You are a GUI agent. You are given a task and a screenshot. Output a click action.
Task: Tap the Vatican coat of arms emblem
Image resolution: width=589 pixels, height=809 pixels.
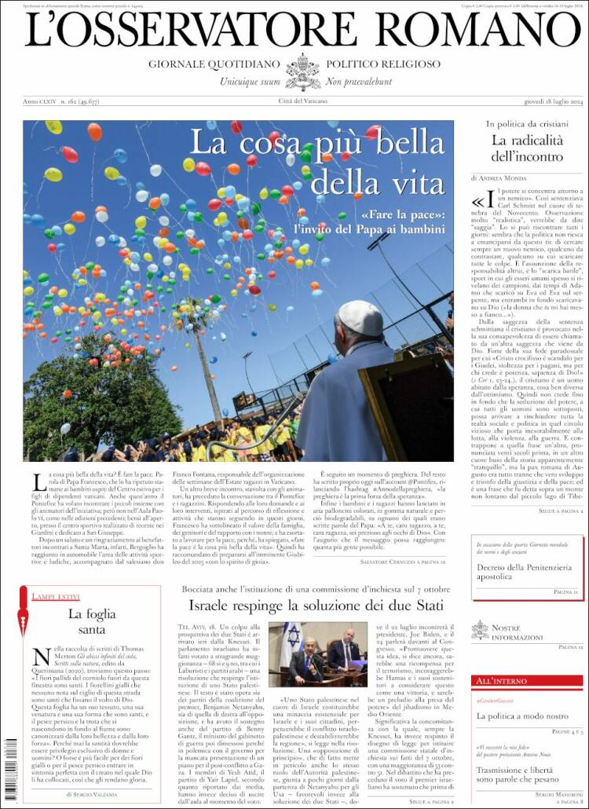[x=303, y=71]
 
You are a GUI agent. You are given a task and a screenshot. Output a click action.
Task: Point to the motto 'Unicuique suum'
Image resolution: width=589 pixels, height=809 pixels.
[x=250, y=81]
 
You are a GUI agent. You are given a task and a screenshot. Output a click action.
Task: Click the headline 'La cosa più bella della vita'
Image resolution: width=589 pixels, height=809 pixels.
[x=317, y=162]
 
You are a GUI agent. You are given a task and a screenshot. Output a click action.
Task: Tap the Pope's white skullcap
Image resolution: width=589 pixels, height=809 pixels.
[x=360, y=317]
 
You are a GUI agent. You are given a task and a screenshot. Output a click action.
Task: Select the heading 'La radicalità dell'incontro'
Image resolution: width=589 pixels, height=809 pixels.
[x=527, y=148]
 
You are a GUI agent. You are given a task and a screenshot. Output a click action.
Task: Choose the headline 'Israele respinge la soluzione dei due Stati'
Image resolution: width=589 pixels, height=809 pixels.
[x=316, y=606]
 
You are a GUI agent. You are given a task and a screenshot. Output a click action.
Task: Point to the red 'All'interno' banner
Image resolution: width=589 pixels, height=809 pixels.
[x=528, y=680]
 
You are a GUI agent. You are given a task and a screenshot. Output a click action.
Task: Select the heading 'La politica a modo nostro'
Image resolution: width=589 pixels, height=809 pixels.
[x=522, y=716]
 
